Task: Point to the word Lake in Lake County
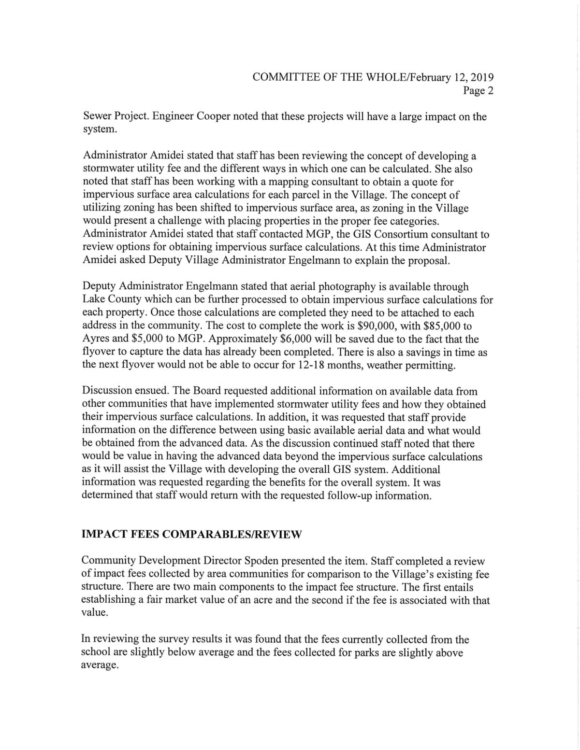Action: click(93, 300)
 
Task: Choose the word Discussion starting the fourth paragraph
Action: click(106, 391)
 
